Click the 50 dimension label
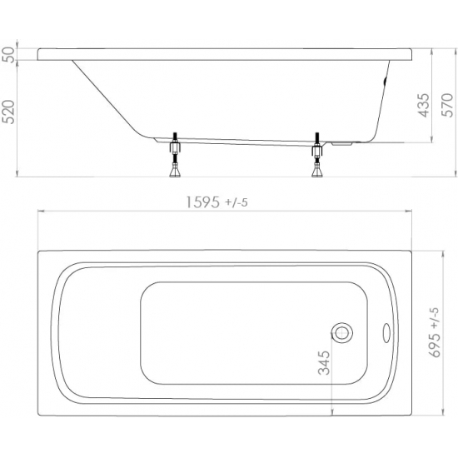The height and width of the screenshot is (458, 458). (9, 54)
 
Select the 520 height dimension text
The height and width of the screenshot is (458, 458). (9, 112)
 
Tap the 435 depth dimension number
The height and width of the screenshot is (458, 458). (424, 105)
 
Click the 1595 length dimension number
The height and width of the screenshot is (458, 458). (202, 202)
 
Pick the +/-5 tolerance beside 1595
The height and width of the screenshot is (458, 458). (236, 202)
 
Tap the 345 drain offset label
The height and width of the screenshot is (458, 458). (324, 363)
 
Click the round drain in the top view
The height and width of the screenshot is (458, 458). (341, 333)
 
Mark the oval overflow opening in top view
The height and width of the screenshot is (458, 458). (386, 333)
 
